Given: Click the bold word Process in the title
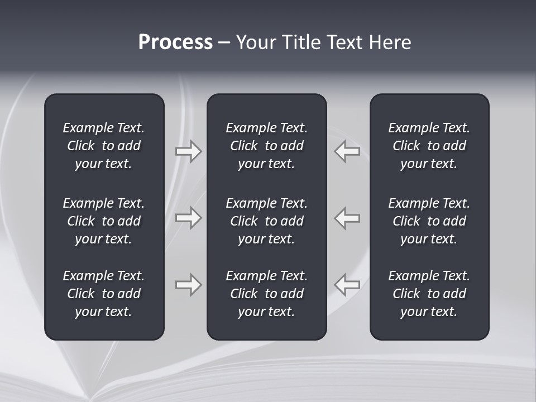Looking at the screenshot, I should [x=175, y=42].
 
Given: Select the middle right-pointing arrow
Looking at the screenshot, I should [x=189, y=218].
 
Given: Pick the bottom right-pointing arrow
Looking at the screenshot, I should [x=189, y=285].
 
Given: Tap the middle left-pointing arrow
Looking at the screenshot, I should [x=347, y=218].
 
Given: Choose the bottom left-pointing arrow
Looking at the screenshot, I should [x=347, y=285].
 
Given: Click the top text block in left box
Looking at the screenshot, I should [x=104, y=146].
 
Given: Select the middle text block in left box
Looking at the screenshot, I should [x=104, y=221].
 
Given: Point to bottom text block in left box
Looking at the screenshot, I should [x=104, y=294].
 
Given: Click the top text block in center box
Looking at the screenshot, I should [x=266, y=146].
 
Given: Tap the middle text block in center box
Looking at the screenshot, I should [x=266, y=221].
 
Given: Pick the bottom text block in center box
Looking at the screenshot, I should [x=266, y=294].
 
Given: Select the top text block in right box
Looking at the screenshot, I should [x=429, y=146].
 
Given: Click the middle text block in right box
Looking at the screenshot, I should [x=429, y=221].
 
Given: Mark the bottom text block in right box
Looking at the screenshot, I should [x=429, y=294].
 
